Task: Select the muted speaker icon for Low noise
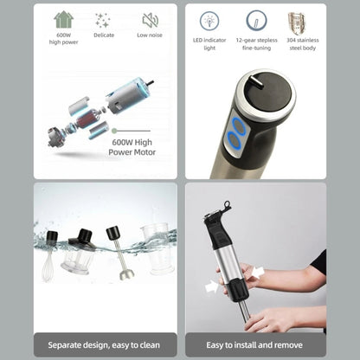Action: [150, 20]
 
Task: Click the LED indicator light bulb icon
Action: [209, 20]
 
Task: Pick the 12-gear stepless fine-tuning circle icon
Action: [256, 20]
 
